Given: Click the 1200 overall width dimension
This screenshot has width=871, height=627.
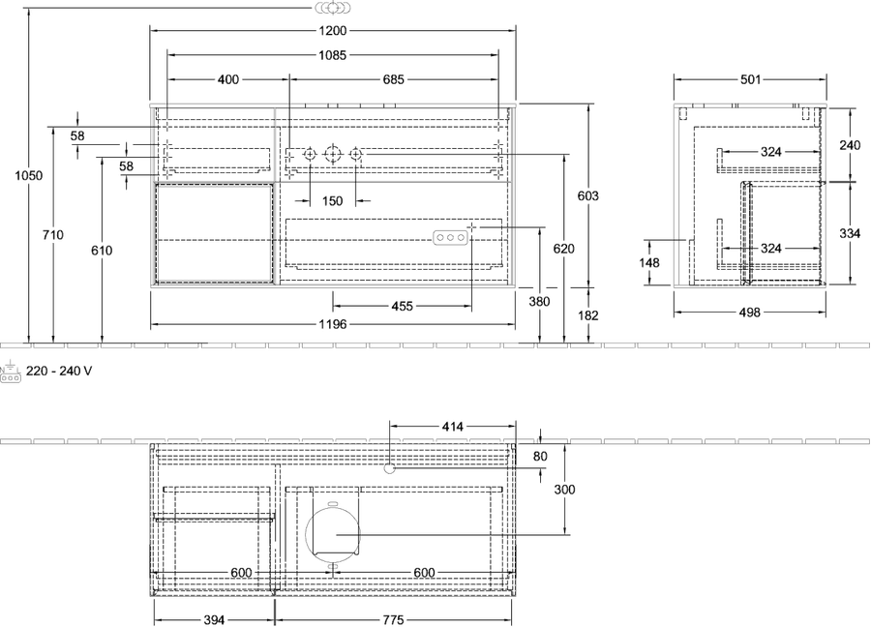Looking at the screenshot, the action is click(x=333, y=31).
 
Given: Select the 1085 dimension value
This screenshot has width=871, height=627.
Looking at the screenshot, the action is click(x=333, y=55).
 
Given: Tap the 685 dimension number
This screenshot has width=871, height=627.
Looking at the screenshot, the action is click(x=393, y=79).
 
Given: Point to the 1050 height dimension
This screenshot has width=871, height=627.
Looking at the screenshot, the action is click(x=28, y=175).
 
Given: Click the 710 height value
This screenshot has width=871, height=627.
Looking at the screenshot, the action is click(x=53, y=235).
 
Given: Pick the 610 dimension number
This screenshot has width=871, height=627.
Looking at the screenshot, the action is click(x=103, y=251).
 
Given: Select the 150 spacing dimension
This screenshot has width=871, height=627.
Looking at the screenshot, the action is click(x=332, y=200).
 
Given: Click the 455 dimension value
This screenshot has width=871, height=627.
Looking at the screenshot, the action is click(x=403, y=306).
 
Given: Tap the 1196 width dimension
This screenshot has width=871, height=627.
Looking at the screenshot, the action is click(x=333, y=324).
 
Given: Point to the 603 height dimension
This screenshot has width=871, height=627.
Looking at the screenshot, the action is click(x=588, y=195).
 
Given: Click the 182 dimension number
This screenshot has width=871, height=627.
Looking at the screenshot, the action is click(x=588, y=315).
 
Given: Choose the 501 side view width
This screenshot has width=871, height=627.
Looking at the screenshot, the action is click(x=750, y=79).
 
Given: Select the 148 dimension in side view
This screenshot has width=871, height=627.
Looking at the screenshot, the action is click(x=649, y=262).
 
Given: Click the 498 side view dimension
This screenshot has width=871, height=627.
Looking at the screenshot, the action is click(x=749, y=313).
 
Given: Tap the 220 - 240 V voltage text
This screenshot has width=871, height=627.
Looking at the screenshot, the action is click(x=59, y=371).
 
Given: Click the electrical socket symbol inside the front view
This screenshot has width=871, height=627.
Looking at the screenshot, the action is click(x=450, y=238).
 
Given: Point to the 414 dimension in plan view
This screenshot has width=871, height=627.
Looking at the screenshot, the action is click(x=453, y=427).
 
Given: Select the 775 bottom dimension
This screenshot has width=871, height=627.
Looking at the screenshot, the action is click(x=393, y=620).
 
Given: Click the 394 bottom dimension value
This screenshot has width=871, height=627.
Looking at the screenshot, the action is click(x=214, y=620).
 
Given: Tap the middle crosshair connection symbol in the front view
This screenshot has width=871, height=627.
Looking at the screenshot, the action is click(x=332, y=154).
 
